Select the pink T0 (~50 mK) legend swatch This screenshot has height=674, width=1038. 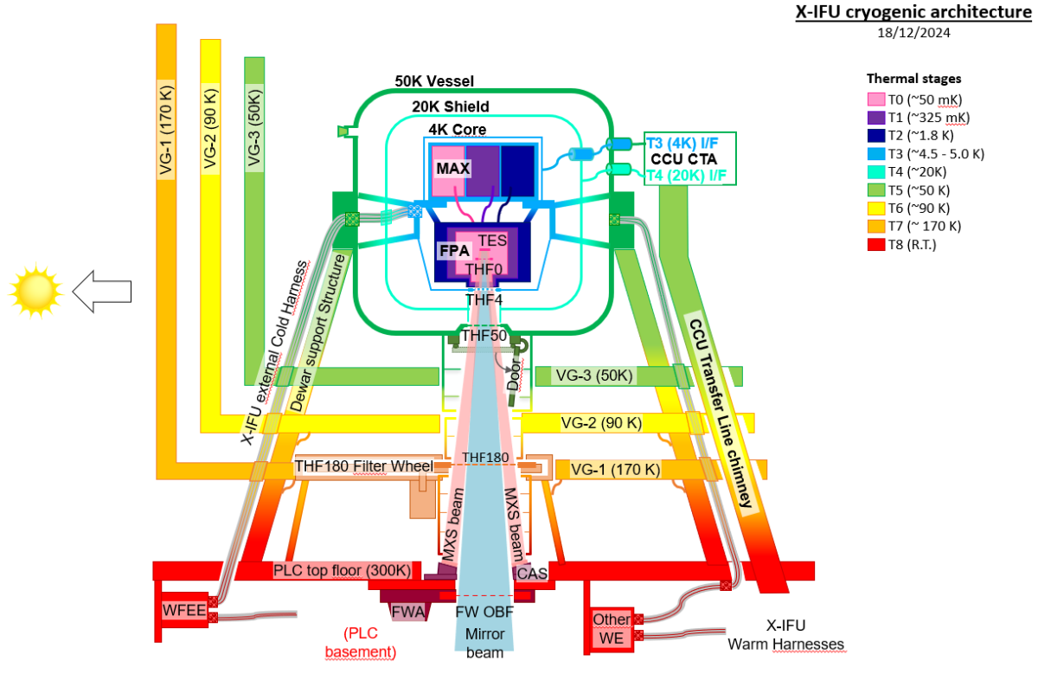[875, 99]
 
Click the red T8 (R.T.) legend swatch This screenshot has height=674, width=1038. [875, 245]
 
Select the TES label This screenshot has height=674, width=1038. [491, 240]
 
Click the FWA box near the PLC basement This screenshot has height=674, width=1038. [408, 613]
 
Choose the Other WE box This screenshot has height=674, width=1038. [611, 629]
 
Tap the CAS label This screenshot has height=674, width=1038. [530, 574]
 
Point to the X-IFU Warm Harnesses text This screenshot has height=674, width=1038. [785, 634]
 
